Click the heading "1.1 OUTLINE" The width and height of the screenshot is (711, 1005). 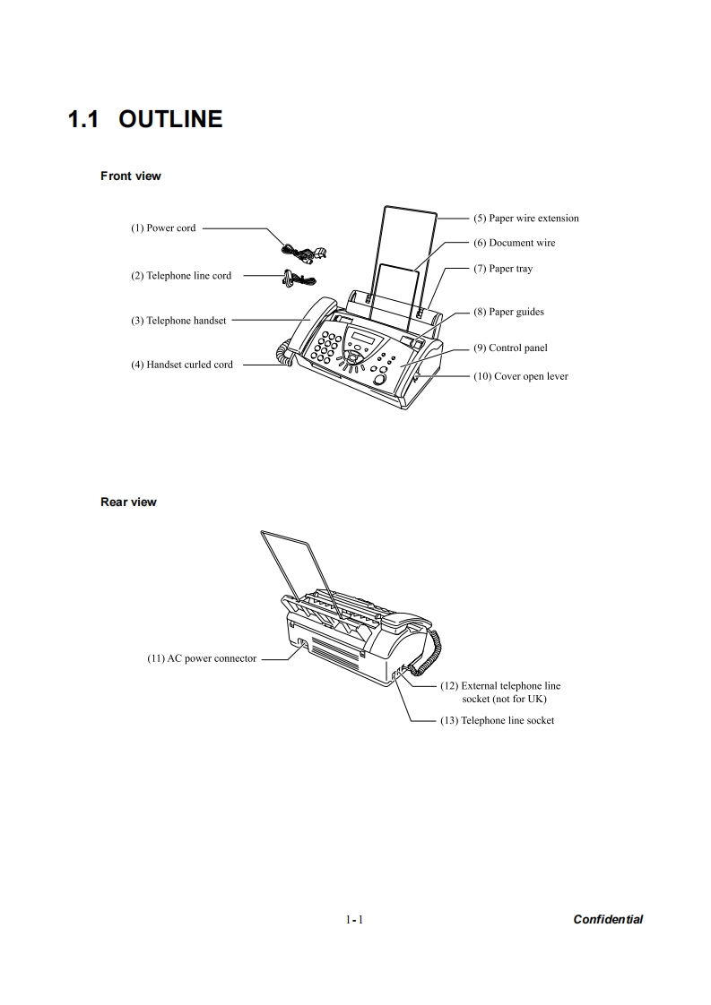tap(145, 119)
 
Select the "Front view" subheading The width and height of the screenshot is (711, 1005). tap(131, 176)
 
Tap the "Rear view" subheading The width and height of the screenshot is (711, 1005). tap(128, 502)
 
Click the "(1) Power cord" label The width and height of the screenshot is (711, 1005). tap(163, 228)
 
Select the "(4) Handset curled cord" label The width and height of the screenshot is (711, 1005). tap(183, 365)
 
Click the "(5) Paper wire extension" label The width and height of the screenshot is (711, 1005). tap(526, 219)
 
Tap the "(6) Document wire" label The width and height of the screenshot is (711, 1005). tap(515, 243)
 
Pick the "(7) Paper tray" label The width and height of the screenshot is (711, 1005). tap(503, 269)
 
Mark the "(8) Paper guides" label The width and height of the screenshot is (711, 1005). tap(508, 313)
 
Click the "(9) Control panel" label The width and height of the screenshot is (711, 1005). tap(510, 348)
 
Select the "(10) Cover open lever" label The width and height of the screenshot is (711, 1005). tap(521, 376)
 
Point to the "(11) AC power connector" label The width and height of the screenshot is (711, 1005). tap(202, 658)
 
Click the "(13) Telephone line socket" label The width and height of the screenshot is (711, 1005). tap(497, 721)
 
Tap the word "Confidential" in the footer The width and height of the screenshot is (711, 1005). tap(608, 919)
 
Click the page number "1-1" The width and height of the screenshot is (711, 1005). tap(353, 920)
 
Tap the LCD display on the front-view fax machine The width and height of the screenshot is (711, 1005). tap(362, 337)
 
